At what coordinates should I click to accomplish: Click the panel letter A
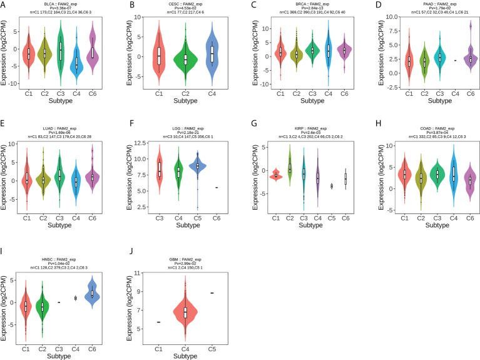(4, 6)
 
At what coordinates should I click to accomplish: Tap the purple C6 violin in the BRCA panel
(342, 51)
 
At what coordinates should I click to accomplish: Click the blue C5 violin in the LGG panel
(198, 166)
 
